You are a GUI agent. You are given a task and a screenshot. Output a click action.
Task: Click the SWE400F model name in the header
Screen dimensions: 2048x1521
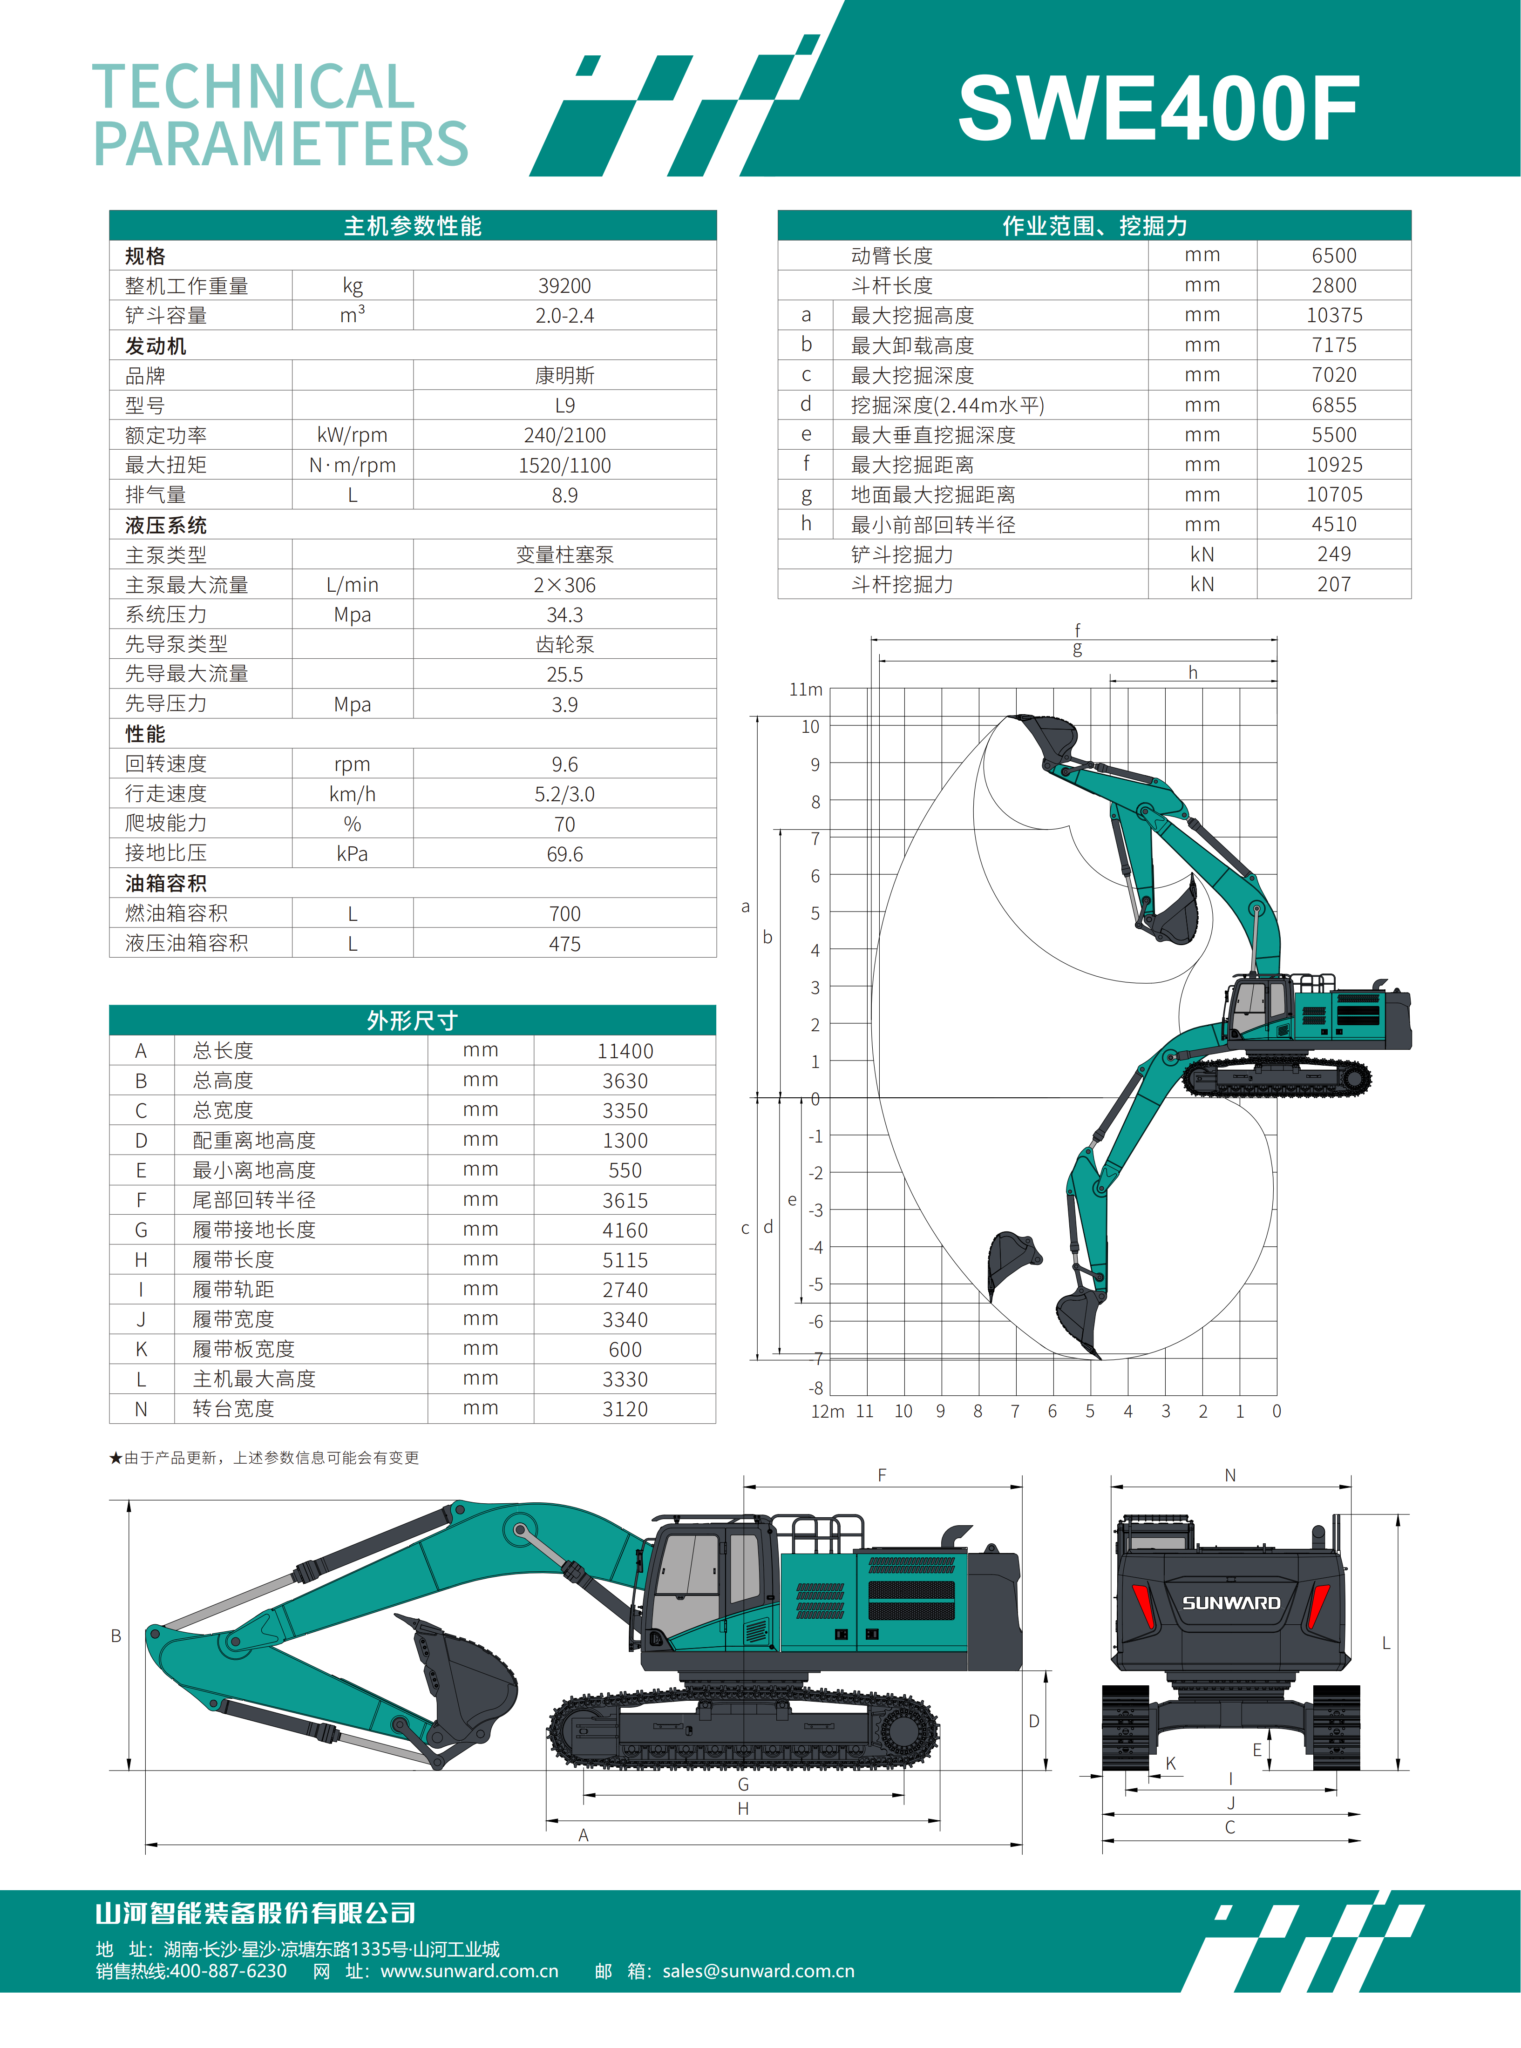coord(1158,108)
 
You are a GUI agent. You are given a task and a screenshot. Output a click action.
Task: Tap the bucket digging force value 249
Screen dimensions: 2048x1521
coord(1334,554)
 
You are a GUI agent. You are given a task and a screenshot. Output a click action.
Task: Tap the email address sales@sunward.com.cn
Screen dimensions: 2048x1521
coord(758,1971)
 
